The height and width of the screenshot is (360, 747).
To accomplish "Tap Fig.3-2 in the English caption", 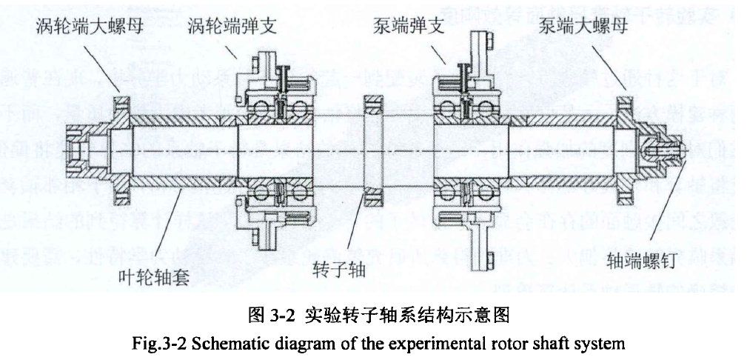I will pyautogui.click(x=154, y=344).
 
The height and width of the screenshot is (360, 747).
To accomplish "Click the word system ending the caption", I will pyautogui.click(x=601, y=344).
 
